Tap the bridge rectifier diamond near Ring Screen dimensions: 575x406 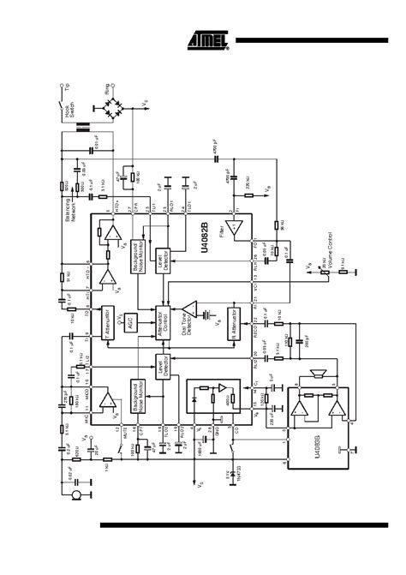[112, 107]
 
